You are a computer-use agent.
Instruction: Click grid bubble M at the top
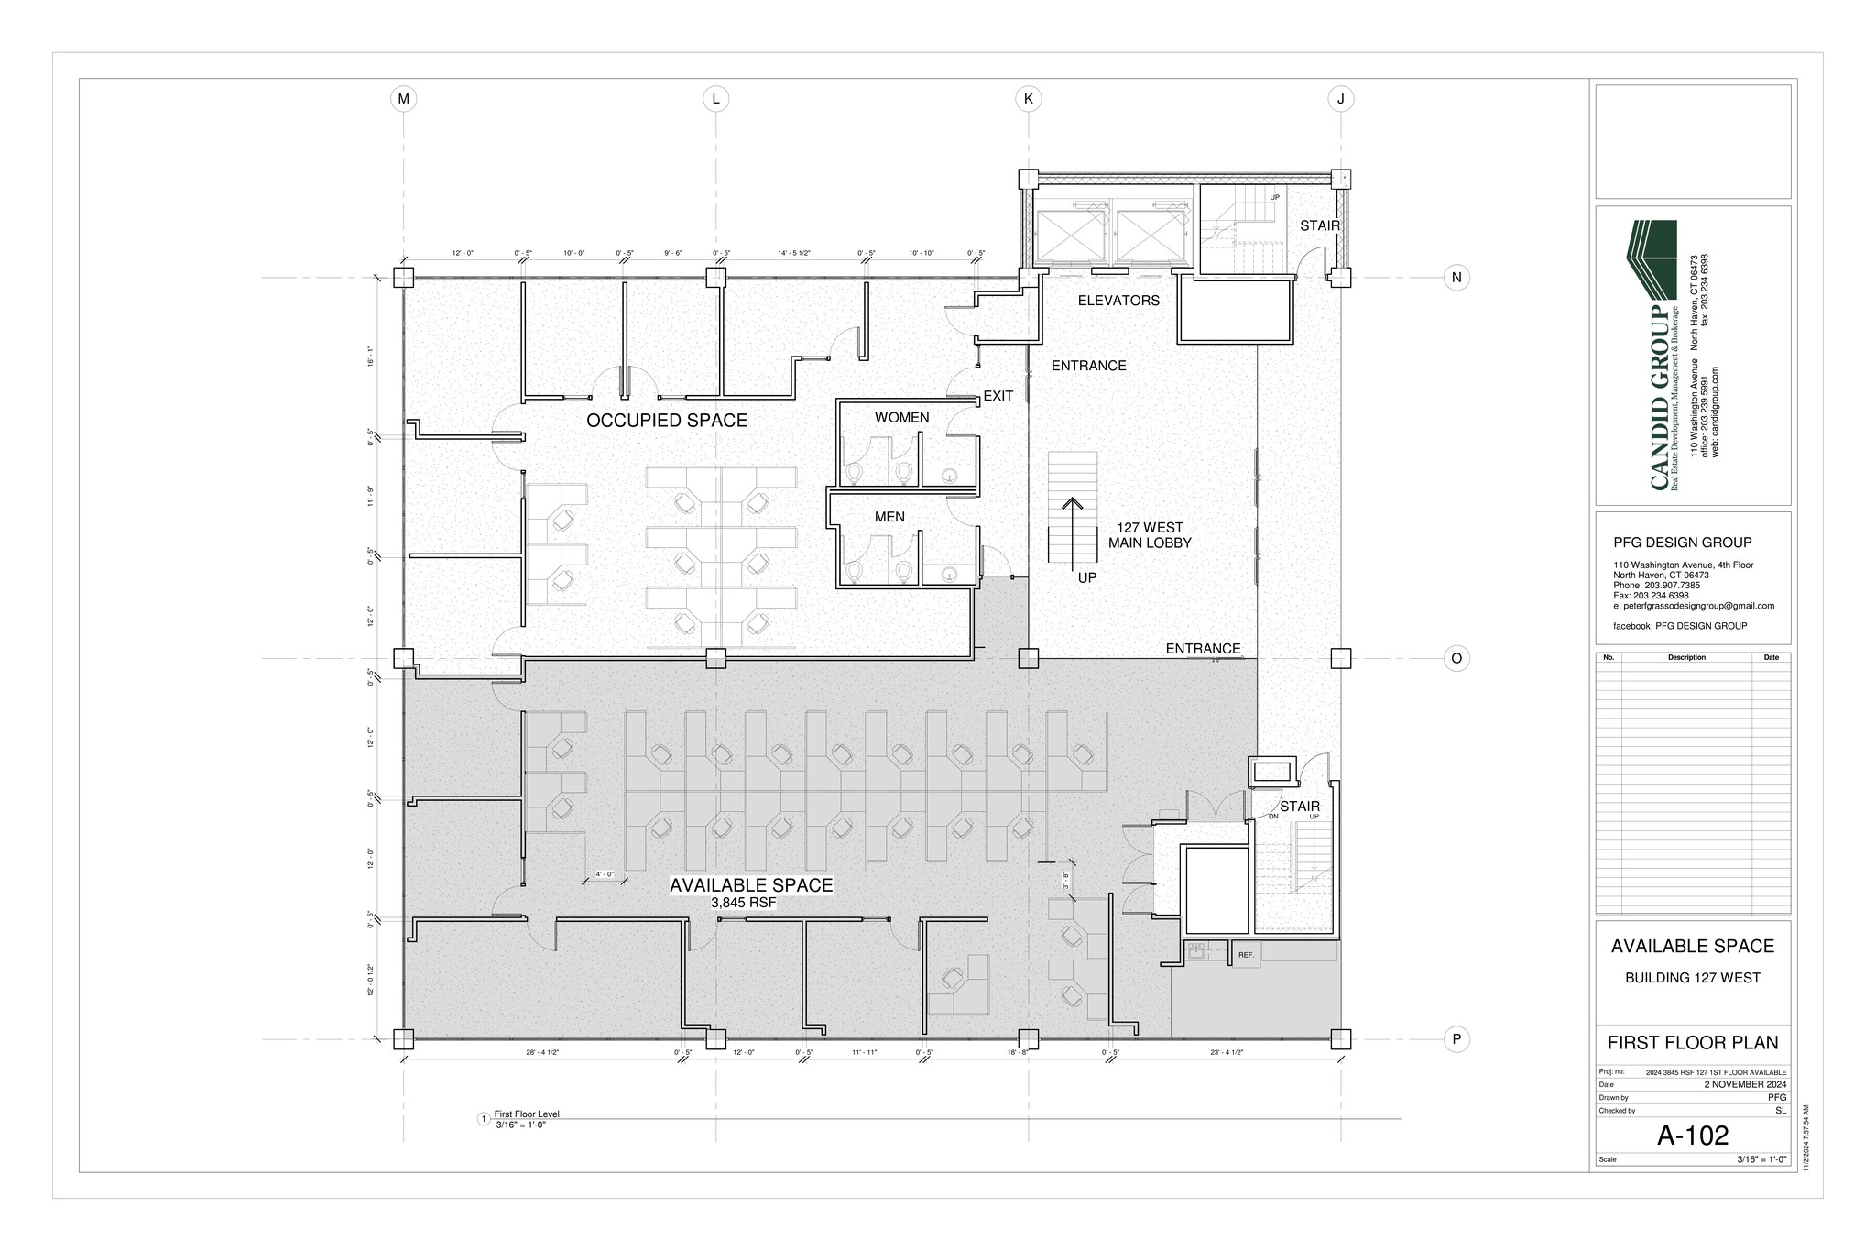click(403, 99)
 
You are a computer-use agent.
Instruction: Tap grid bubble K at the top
click(1028, 99)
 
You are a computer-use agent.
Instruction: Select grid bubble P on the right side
click(1456, 1039)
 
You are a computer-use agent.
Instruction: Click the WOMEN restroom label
click(901, 418)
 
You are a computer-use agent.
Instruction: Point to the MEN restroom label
click(889, 517)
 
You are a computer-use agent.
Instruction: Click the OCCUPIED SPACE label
click(667, 421)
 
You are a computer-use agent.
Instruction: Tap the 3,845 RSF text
click(743, 903)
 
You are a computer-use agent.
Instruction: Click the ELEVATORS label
click(1118, 301)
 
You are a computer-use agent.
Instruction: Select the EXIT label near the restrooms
click(998, 396)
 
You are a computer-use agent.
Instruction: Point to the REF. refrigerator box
click(1246, 955)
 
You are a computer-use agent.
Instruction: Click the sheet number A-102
click(1693, 1136)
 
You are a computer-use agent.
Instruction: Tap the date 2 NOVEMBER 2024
click(1744, 1084)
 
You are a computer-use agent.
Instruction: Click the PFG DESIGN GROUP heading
click(1682, 543)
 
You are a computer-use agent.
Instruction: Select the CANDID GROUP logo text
click(1660, 399)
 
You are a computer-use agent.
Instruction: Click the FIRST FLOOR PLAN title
click(1693, 1043)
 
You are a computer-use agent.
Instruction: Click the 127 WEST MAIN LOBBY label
click(1150, 535)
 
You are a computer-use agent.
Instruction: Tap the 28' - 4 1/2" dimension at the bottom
click(542, 1053)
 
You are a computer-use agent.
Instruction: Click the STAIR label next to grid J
click(1319, 225)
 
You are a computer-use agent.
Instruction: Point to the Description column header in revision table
click(1686, 657)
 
